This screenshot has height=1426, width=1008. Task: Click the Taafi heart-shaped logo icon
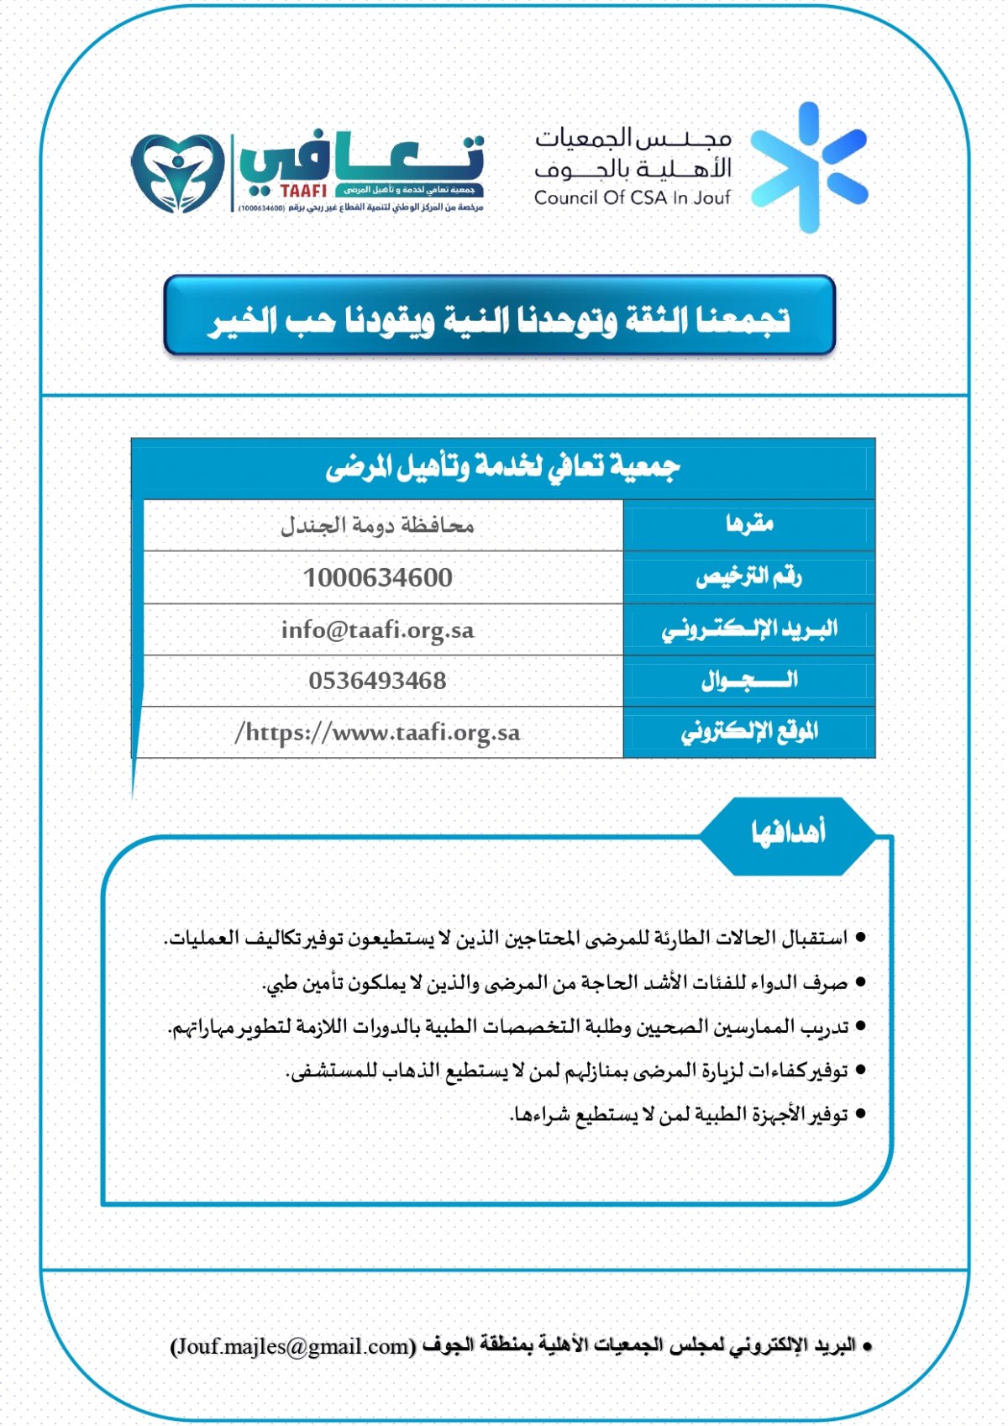pos(178,171)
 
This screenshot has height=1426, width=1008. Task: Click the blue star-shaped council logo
pos(808,168)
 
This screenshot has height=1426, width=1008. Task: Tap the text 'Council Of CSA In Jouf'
pos(632,198)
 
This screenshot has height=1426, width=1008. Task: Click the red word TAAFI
pos(303,192)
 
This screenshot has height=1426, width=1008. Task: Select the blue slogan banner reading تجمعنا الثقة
pos(500,317)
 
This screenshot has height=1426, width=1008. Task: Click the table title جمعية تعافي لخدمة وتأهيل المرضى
pos(502,467)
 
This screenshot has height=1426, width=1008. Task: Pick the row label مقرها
pos(749,525)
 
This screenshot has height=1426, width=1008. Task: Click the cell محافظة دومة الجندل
pos(377,526)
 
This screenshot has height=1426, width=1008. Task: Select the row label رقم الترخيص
pos(748,577)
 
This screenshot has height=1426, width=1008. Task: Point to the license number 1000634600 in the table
pos(378,578)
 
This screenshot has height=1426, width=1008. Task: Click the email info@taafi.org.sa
pos(378,630)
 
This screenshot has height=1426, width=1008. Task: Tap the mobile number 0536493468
pos(378,681)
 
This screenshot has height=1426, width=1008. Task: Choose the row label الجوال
pos(749,681)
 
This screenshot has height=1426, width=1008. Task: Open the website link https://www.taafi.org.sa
pos(378,733)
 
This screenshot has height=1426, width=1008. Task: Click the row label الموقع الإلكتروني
pos(749,733)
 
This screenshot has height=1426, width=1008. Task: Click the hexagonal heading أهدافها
pos(787,834)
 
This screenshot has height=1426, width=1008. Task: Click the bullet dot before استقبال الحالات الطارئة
pos(860,938)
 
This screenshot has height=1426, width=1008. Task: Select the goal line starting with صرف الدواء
pos(554,982)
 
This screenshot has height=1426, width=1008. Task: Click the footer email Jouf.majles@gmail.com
pos(293,1346)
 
